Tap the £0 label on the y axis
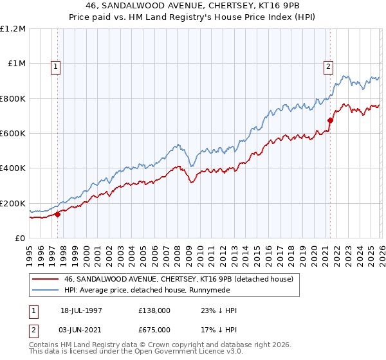click(x=20, y=239)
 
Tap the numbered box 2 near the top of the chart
click(x=328, y=65)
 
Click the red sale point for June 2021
click(x=331, y=120)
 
